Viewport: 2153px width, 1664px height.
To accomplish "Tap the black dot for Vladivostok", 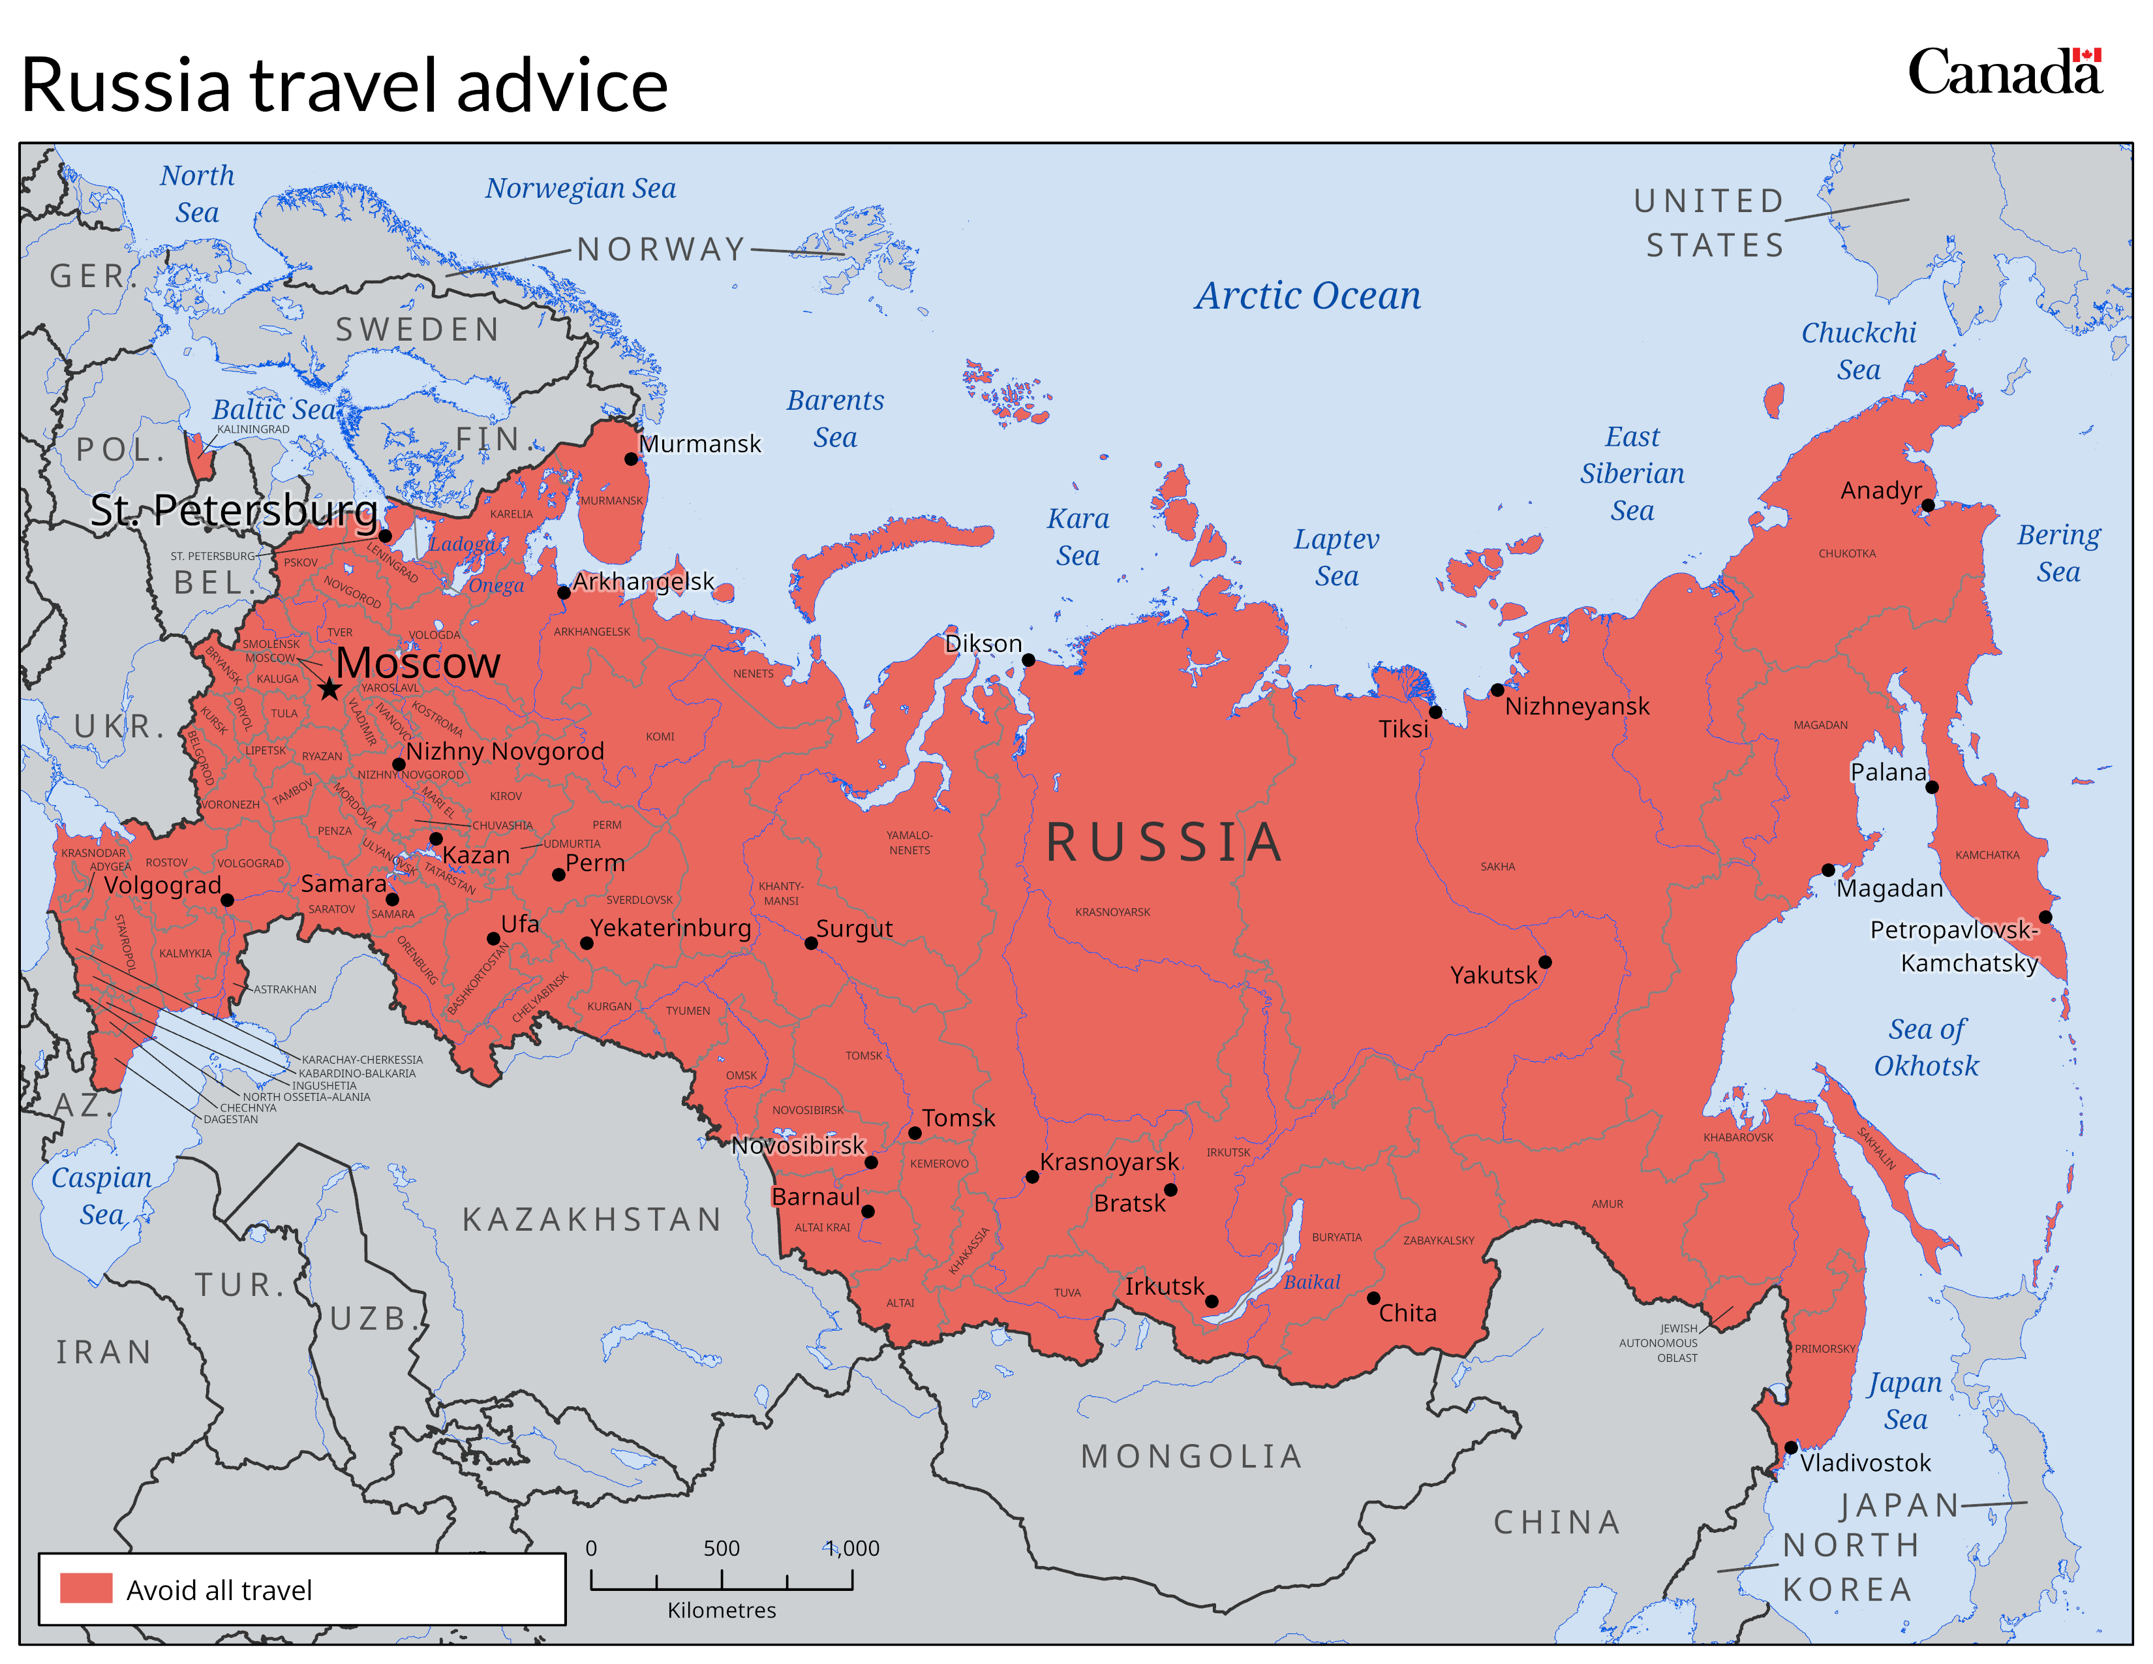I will tap(1790, 1447).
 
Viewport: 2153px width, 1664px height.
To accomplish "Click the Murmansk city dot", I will tap(631, 458).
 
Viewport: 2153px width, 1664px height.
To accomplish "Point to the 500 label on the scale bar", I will tap(721, 1548).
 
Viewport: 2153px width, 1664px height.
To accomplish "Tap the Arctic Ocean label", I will tap(1307, 296).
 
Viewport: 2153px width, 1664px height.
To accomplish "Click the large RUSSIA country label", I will tap(1163, 843).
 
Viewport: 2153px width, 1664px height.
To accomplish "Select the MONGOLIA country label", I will tap(1191, 1456).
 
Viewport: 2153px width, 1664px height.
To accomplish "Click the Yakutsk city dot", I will tap(1545, 962).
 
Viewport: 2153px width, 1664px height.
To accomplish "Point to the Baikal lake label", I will tap(1311, 1282).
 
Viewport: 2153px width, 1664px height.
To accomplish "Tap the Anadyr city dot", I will tap(1927, 504).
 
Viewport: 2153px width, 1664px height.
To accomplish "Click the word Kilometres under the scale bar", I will tap(721, 1610).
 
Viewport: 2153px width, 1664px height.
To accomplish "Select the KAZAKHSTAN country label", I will tap(592, 1220).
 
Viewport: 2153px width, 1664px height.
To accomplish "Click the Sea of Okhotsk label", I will tap(1925, 1047).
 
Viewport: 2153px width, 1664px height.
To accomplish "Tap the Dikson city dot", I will tap(1028, 660).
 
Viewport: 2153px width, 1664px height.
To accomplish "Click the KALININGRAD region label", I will tap(252, 429).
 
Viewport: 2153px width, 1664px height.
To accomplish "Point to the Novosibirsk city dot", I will tap(872, 1162).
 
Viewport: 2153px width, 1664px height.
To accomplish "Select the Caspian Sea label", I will tap(102, 1195).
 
